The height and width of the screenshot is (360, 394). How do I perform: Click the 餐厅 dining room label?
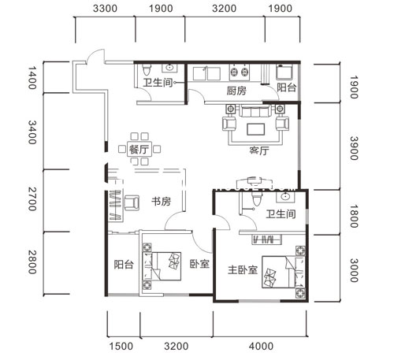tap(139, 150)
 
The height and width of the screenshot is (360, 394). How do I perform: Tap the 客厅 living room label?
tap(259, 151)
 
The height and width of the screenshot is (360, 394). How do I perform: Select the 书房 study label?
tap(161, 202)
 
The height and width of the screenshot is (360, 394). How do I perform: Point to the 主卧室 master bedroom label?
tap(243, 270)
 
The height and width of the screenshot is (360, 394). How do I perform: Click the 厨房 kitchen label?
tap(236, 91)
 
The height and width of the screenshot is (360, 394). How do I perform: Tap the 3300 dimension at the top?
tap(105, 9)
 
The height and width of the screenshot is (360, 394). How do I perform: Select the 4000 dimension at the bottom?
tap(261, 347)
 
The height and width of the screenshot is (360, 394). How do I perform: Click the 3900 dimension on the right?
tap(354, 148)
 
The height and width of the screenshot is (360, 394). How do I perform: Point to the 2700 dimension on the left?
tap(32, 199)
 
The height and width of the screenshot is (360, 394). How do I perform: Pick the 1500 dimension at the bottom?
tap(121, 347)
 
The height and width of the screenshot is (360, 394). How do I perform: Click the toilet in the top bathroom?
tap(147, 70)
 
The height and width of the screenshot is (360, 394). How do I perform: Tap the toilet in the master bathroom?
tap(256, 199)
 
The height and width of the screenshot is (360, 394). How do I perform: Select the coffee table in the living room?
tap(255, 129)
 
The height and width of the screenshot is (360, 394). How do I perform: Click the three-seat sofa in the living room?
tap(255, 111)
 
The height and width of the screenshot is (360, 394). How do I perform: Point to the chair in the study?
tap(132, 202)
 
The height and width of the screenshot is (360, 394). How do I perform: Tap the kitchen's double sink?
tap(206, 74)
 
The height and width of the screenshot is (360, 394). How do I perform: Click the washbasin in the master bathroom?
tap(285, 196)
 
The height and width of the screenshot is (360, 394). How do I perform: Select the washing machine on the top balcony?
tap(284, 72)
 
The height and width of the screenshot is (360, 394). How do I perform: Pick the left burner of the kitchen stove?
tap(233, 72)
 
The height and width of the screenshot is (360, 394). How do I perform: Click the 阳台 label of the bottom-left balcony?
tap(124, 265)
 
